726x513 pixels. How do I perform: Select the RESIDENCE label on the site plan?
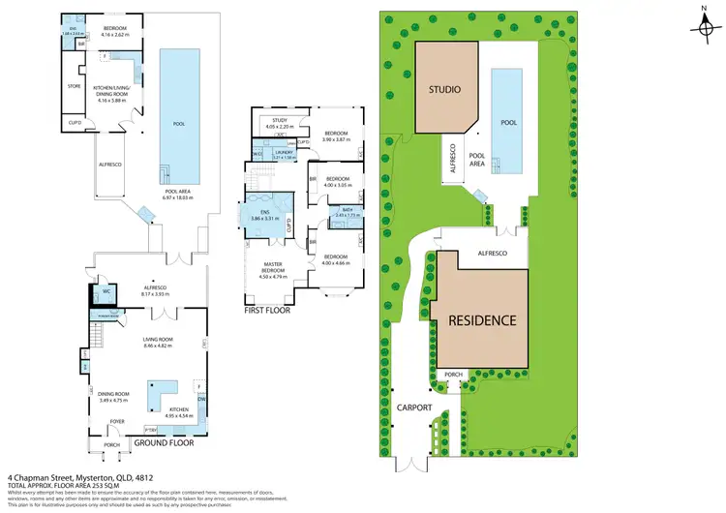481,320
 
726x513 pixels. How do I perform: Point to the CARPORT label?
413,408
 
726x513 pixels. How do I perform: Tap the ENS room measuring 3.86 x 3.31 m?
265,216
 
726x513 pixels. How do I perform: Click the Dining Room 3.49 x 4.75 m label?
114,397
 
